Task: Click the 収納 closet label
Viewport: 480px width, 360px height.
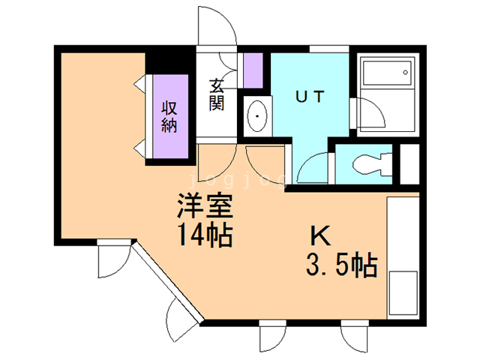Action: (x=169, y=116)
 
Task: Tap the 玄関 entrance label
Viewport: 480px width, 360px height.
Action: (x=217, y=94)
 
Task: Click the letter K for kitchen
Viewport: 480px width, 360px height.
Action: (x=320, y=237)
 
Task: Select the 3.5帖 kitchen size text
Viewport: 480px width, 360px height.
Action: (x=341, y=265)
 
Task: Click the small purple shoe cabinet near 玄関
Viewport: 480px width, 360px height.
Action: (x=253, y=70)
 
